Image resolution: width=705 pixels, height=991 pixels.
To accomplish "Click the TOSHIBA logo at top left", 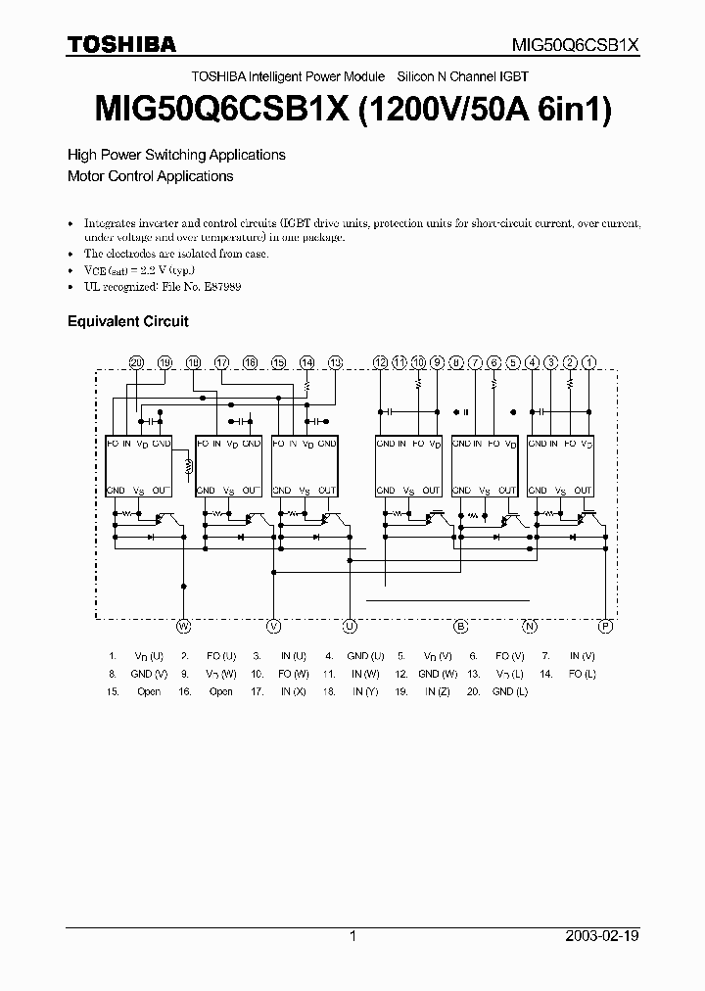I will tap(121, 44).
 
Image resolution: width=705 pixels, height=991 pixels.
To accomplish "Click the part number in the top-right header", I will tap(577, 45).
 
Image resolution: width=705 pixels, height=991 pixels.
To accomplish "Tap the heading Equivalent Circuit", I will tap(127, 321).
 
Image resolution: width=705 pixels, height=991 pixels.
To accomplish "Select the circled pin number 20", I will tap(136, 362).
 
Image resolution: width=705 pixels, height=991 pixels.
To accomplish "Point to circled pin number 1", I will tap(588, 362).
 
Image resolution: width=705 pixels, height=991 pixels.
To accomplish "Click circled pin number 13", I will tap(336, 362).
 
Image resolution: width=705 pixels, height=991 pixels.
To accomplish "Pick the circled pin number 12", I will tap(381, 362).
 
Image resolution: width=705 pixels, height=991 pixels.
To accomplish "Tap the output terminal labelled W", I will tap(183, 625).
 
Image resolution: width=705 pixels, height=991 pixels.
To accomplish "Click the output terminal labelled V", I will tap(274, 625).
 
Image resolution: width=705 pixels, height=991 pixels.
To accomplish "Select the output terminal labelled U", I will tap(351, 625).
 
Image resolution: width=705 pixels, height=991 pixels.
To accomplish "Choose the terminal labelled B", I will tap(460, 625).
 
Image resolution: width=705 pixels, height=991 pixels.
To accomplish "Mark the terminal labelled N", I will tap(530, 625).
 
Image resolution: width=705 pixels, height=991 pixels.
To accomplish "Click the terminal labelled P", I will tap(605, 625).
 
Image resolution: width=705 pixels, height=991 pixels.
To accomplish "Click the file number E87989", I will tap(220, 287).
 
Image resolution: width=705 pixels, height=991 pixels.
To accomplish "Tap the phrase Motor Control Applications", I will tap(150, 176).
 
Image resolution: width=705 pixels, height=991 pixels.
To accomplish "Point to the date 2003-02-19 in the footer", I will tap(602, 936).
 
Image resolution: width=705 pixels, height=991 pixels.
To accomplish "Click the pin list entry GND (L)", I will tap(510, 691).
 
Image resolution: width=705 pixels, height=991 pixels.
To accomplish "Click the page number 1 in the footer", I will tap(352, 936).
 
